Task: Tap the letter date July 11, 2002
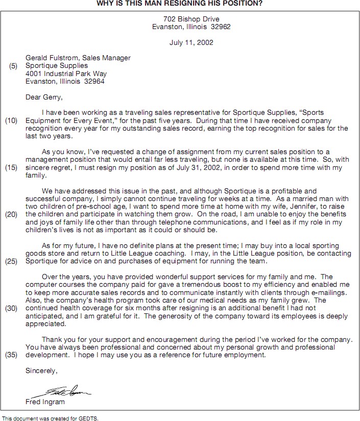(x=191, y=42)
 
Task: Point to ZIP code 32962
(x=220, y=27)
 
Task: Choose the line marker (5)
(x=13, y=66)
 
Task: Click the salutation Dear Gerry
(x=44, y=96)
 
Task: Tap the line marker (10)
(x=12, y=121)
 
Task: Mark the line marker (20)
(x=12, y=214)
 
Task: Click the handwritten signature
(x=61, y=391)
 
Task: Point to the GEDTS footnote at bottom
(x=50, y=418)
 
